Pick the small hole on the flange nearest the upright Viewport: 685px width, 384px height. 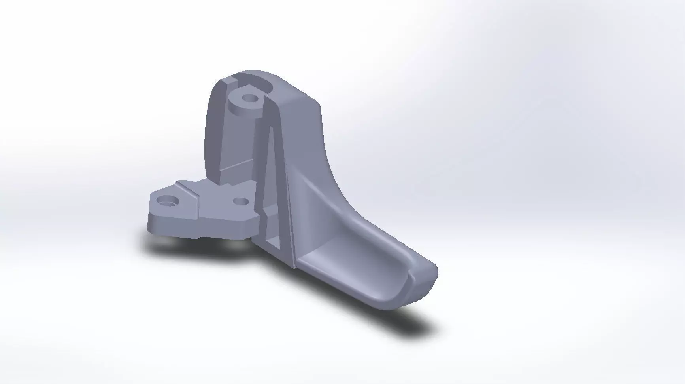point(241,202)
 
